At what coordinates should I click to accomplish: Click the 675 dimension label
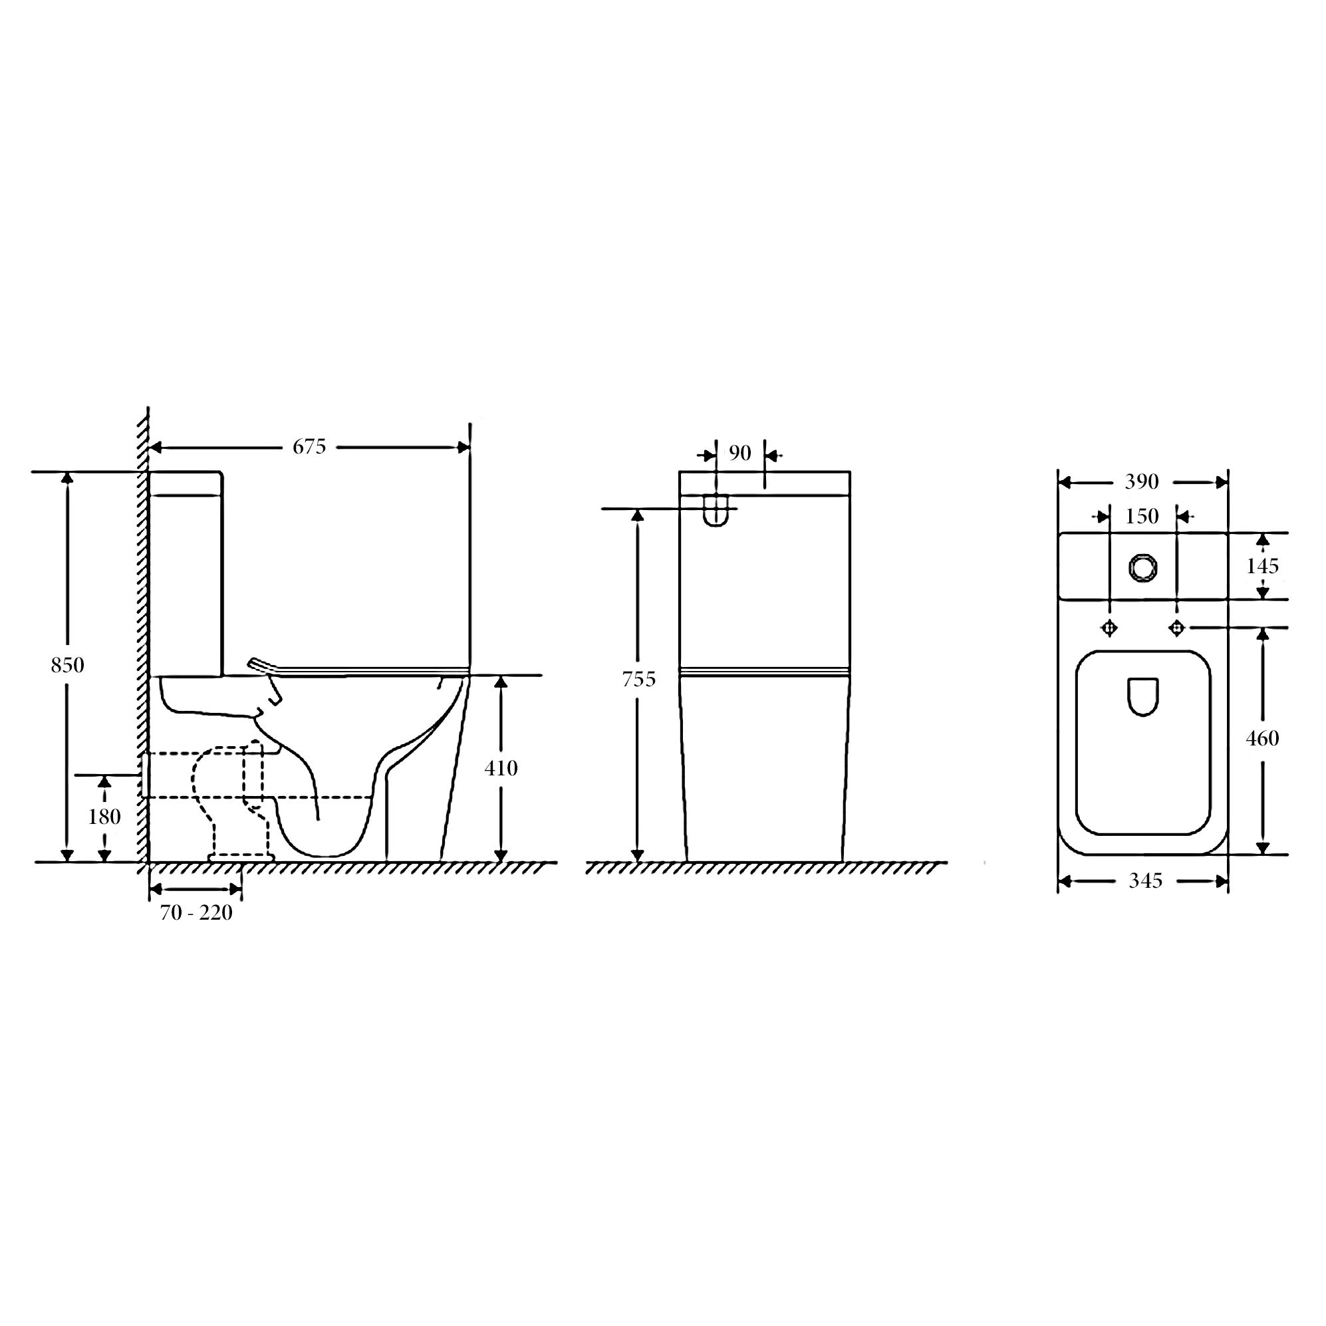pos(309,447)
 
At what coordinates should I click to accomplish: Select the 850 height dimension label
pos(67,665)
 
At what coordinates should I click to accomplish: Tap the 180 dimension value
pos(104,817)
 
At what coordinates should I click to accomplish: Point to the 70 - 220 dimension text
pos(196,913)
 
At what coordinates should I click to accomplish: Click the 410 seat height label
pos(501,769)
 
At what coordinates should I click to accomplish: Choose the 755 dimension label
pos(639,680)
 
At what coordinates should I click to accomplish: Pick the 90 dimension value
pos(740,453)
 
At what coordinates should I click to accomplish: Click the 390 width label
pos(1142,482)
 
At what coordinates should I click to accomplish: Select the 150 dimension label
pos(1142,516)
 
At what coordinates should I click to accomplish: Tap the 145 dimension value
pos(1263,566)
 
